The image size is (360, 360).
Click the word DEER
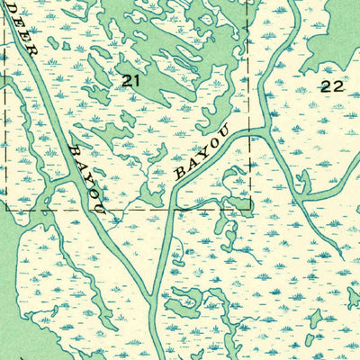pos(24,30)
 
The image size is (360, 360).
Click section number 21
pos(131,81)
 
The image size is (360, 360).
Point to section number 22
pos(331,85)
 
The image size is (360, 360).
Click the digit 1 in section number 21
pos(137,81)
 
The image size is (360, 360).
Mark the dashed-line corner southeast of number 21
pos(250,211)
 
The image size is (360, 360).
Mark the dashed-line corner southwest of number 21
pos(7,211)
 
